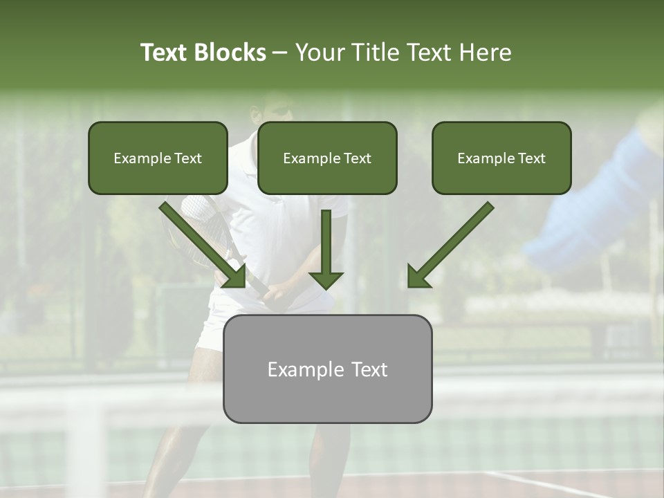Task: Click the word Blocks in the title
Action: pos(230,53)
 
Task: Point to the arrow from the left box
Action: pos(203,245)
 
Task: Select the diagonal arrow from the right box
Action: pos(450,245)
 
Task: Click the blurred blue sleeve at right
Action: pos(595,207)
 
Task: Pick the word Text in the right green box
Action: pos(531,158)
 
